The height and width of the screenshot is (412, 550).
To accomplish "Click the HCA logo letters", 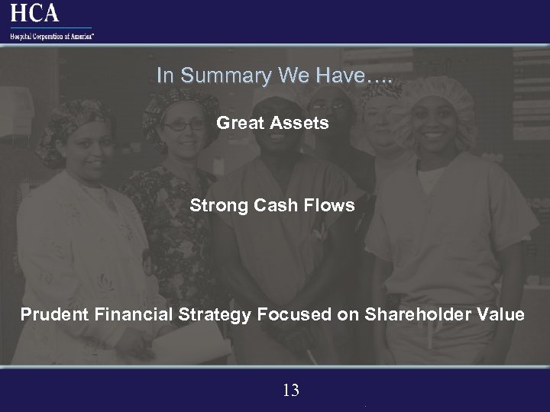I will tap(34, 13).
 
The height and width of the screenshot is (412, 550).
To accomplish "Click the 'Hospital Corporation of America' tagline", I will tap(52, 35).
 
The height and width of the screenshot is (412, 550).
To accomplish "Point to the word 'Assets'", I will tap(301, 122).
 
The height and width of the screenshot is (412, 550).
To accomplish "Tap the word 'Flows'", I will tap(331, 205).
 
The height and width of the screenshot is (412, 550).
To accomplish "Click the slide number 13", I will tap(290, 391).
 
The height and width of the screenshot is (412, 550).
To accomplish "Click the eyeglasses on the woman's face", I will tap(183, 124).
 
